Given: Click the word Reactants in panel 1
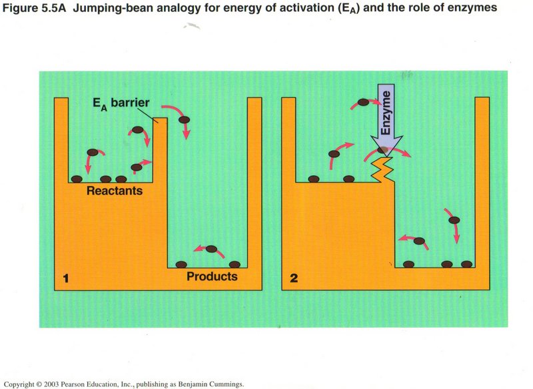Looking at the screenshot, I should (115, 191).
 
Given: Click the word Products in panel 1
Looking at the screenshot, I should (212, 276).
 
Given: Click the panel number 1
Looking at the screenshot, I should (66, 278).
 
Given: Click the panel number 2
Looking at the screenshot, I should (294, 278).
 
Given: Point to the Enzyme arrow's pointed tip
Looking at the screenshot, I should (386, 152).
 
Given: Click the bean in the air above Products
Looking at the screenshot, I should (211, 250).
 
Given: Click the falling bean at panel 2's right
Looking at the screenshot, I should (454, 220).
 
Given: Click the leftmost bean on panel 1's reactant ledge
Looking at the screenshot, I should (77, 179).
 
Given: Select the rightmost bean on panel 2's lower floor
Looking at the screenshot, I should (467, 263).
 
